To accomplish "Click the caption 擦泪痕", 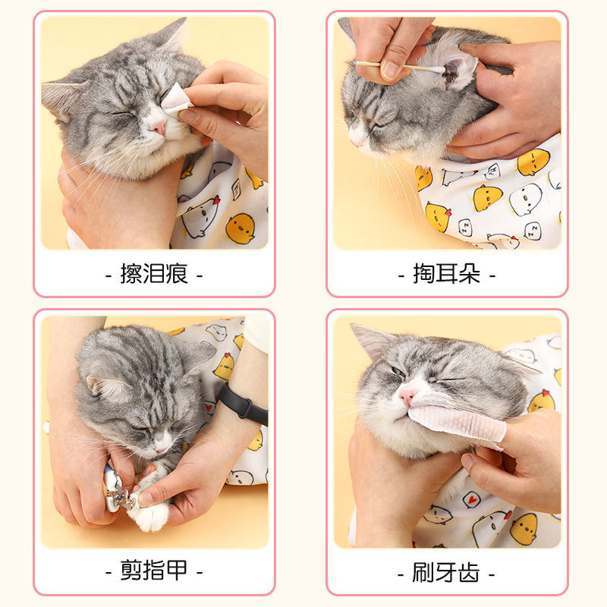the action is pos(154,274).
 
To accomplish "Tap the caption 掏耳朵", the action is pos(446,274).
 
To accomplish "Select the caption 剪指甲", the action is pos(154,571).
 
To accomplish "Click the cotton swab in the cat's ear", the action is pos(401,67).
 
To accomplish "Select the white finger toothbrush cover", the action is pos(457,424).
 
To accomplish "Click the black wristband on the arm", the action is pos(243,405).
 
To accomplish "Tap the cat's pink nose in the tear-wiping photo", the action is pos(159,126).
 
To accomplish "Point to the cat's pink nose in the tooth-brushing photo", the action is pos(407,396).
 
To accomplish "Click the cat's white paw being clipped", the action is pos(149,511).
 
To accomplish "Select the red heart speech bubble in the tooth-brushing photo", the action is pos(471,500).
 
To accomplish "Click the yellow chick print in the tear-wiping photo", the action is pos(240,229).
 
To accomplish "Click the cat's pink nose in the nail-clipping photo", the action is pos(160,449).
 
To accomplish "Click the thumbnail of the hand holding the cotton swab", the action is pos(390,70).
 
